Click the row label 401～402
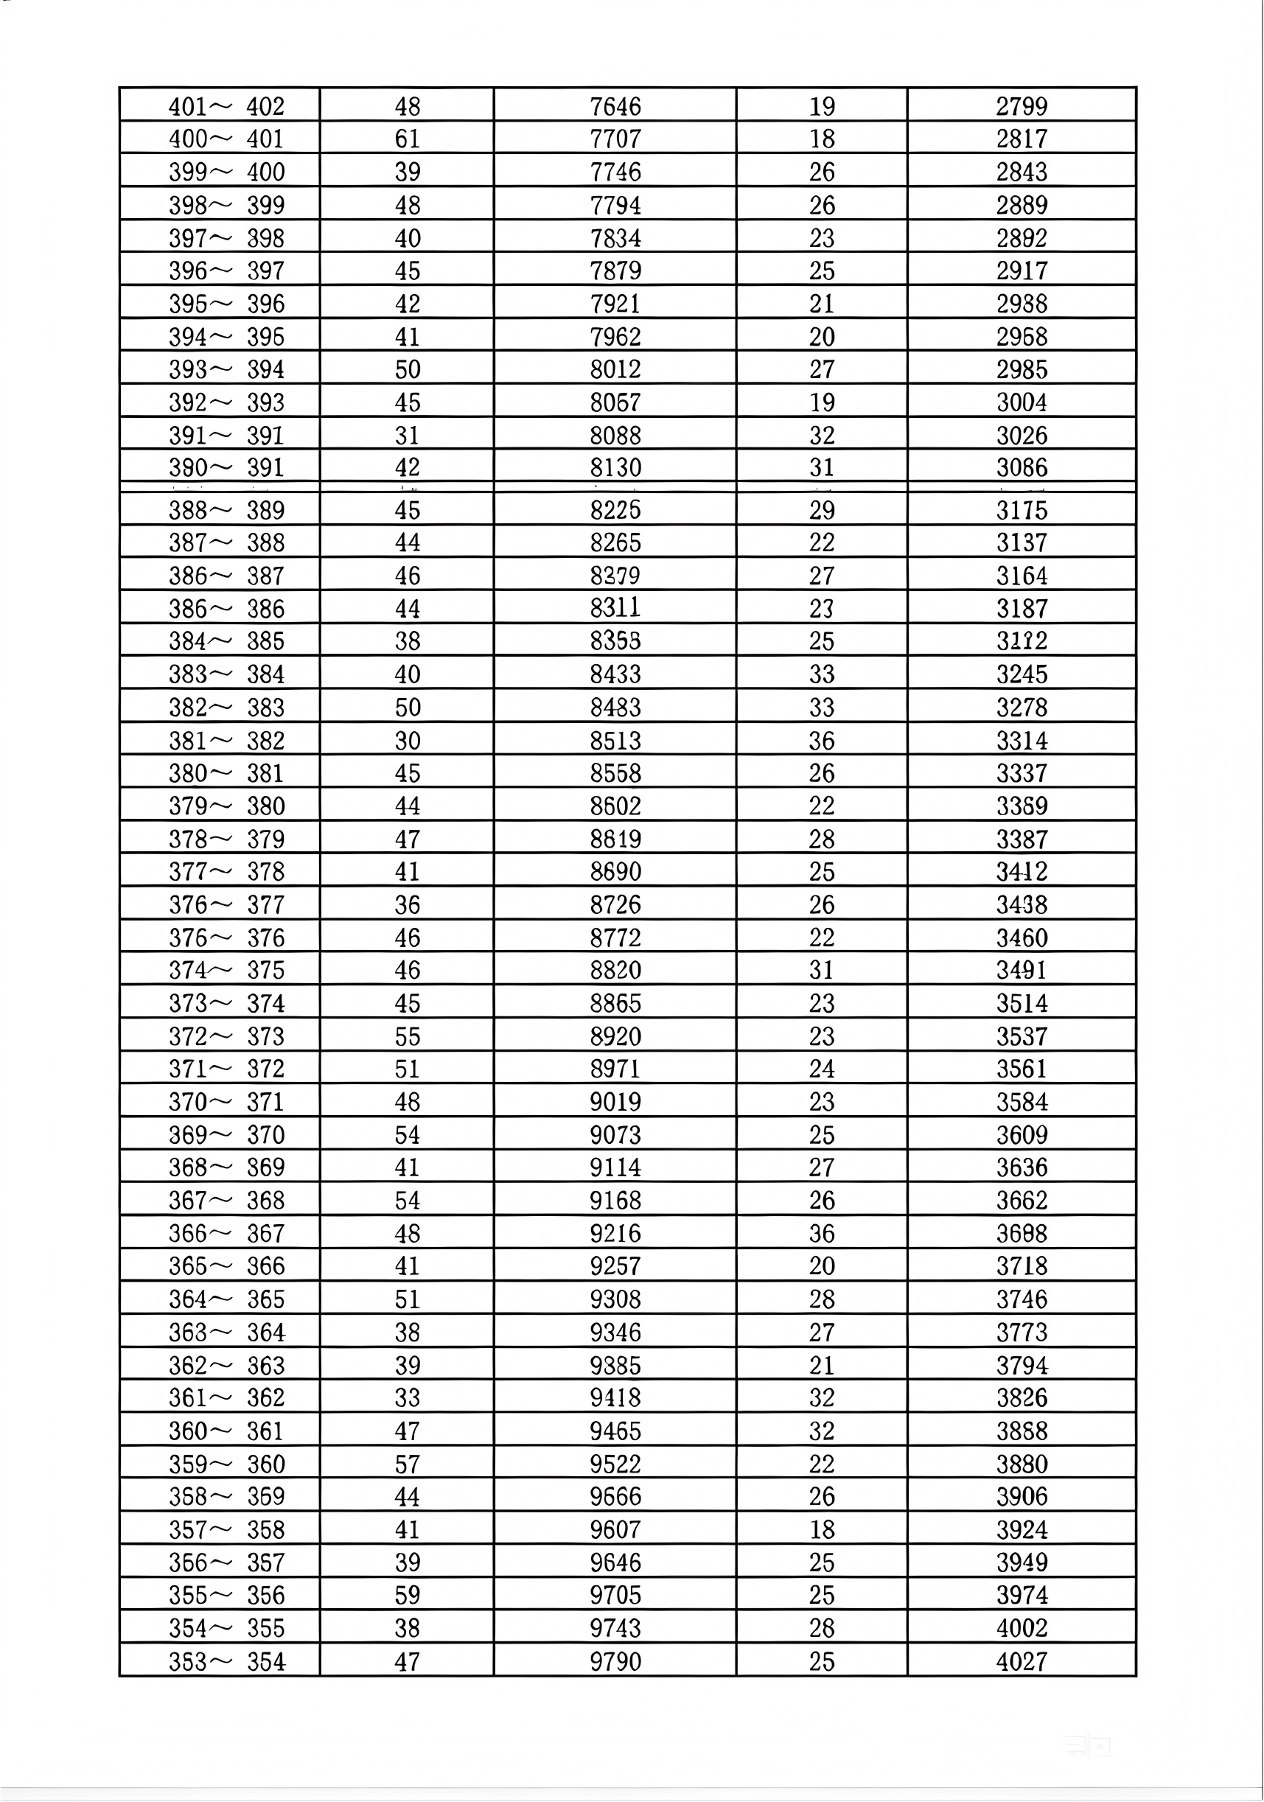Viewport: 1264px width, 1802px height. [x=226, y=106]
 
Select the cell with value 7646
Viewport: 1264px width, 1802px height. [x=615, y=106]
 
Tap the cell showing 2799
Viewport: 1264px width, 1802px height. [x=1022, y=106]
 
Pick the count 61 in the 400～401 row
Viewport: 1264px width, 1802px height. [x=407, y=139]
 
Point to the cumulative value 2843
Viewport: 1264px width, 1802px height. [x=1022, y=172]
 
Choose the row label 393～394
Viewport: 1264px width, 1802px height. [x=226, y=369]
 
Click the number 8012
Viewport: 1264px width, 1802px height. [x=615, y=369]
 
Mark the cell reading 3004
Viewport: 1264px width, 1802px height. [x=1022, y=402]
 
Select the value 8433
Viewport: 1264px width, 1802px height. [x=615, y=674]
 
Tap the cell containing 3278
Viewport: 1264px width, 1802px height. [x=1022, y=707]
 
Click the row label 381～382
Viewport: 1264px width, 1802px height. [x=226, y=740]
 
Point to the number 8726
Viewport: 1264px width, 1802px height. [x=615, y=904]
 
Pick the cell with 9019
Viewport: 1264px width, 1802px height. [x=615, y=1101]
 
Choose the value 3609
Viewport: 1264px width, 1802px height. [x=1022, y=1134]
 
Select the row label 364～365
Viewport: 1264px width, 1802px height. [x=226, y=1299]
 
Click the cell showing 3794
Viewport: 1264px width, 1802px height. [x=1022, y=1365]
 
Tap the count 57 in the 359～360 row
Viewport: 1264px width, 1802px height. [x=407, y=1464]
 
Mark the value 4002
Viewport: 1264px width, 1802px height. [x=1022, y=1628]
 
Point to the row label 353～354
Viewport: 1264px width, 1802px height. [x=226, y=1661]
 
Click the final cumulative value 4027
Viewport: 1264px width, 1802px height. [x=1022, y=1661]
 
